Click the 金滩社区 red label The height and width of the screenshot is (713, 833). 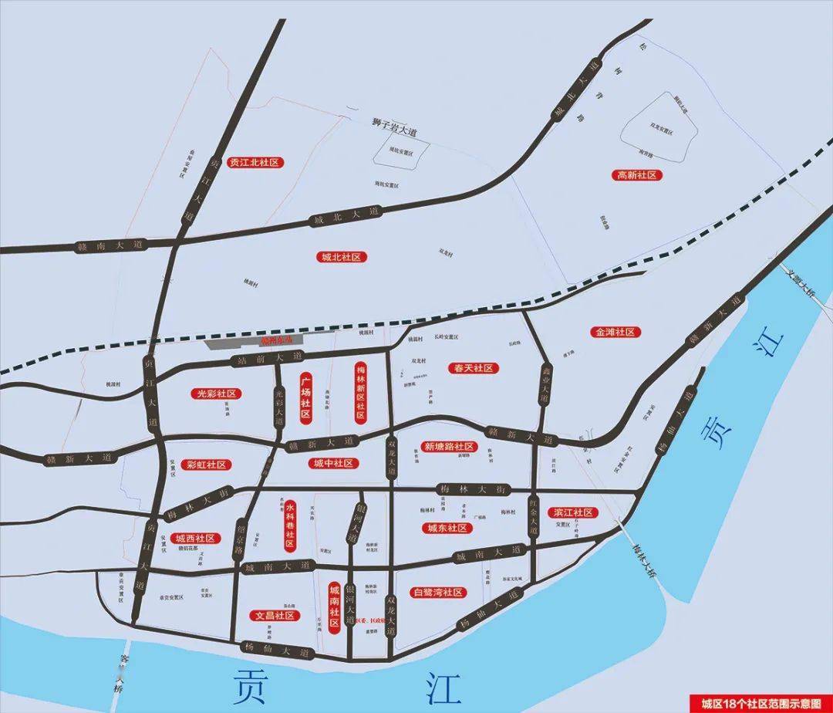615,332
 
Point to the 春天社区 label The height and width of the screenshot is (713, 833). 474,369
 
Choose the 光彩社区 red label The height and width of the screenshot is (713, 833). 217,394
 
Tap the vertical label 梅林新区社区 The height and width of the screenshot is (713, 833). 359,392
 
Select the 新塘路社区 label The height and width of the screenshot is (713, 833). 448,447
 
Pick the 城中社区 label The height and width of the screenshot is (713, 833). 333,463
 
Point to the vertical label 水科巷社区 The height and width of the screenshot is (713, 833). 290,524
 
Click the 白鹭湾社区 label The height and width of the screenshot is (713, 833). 439,593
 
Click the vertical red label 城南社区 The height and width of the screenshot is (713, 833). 334,607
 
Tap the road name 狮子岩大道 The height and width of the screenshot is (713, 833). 393,127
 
